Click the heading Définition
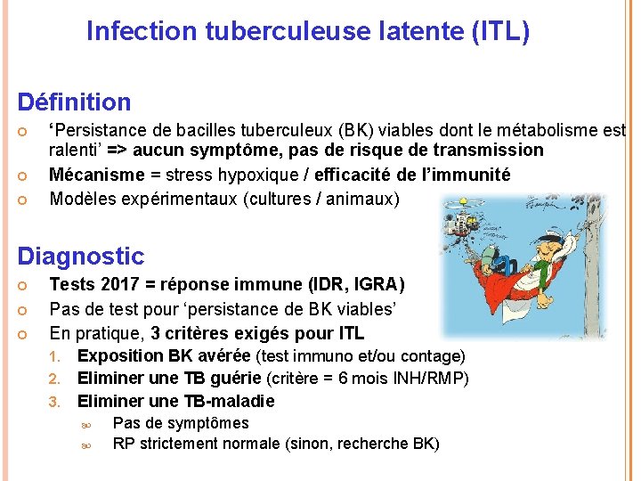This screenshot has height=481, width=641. (x=75, y=102)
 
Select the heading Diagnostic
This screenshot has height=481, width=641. (x=81, y=257)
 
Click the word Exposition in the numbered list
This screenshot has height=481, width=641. (x=122, y=356)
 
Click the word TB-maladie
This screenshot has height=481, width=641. (x=230, y=401)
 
